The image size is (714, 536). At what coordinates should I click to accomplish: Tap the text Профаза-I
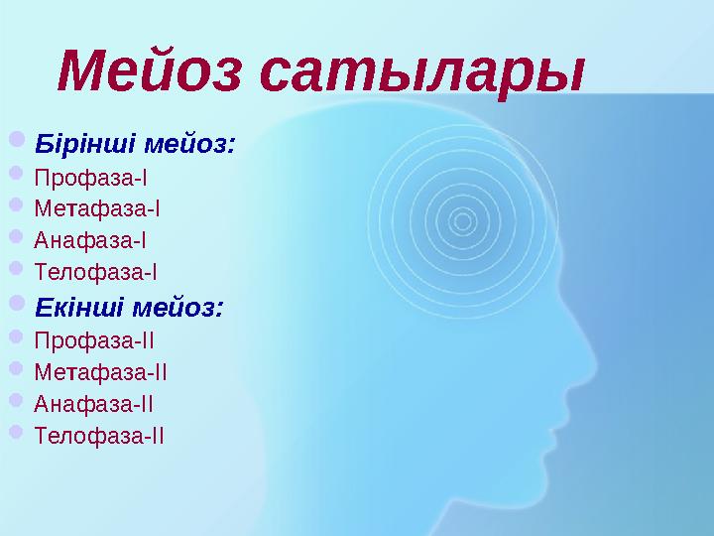[x=90, y=180]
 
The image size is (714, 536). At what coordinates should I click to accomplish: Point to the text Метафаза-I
[x=97, y=209]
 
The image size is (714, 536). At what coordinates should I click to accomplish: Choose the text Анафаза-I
[x=90, y=240]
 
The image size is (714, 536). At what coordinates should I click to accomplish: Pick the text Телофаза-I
[x=96, y=271]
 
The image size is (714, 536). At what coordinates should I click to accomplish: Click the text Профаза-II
[x=94, y=340]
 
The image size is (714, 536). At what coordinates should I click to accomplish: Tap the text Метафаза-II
[x=100, y=372]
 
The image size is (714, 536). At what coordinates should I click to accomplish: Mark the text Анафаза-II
[x=94, y=403]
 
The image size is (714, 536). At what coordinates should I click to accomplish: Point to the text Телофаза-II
[x=99, y=435]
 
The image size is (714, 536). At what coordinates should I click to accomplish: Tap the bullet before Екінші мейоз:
[x=21, y=306]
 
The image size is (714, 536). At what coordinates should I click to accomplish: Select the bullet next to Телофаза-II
[x=20, y=433]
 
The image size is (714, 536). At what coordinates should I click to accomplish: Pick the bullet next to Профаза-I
[x=20, y=178]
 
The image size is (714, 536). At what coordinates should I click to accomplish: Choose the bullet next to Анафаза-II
[x=20, y=401]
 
